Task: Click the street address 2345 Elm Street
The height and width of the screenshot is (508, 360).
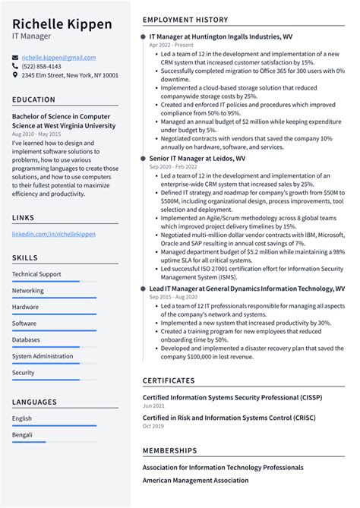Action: pyautogui.click(x=70, y=76)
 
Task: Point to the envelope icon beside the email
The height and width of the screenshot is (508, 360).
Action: pyautogui.click(x=16, y=58)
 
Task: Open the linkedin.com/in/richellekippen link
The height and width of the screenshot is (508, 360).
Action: pyautogui.click(x=54, y=235)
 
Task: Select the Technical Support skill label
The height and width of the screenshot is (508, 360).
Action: pyautogui.click(x=36, y=274)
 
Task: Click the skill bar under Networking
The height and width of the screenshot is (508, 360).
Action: pyautogui.click(x=54, y=298)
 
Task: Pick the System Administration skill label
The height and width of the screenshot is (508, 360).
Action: pyautogui.click(x=43, y=356)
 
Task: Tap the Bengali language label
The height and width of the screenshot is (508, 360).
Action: pyautogui.click(x=23, y=435)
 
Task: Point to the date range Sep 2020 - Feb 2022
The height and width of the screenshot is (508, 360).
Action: pyautogui.click(x=172, y=166)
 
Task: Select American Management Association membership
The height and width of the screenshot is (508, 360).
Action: pyautogui.click(x=195, y=481)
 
